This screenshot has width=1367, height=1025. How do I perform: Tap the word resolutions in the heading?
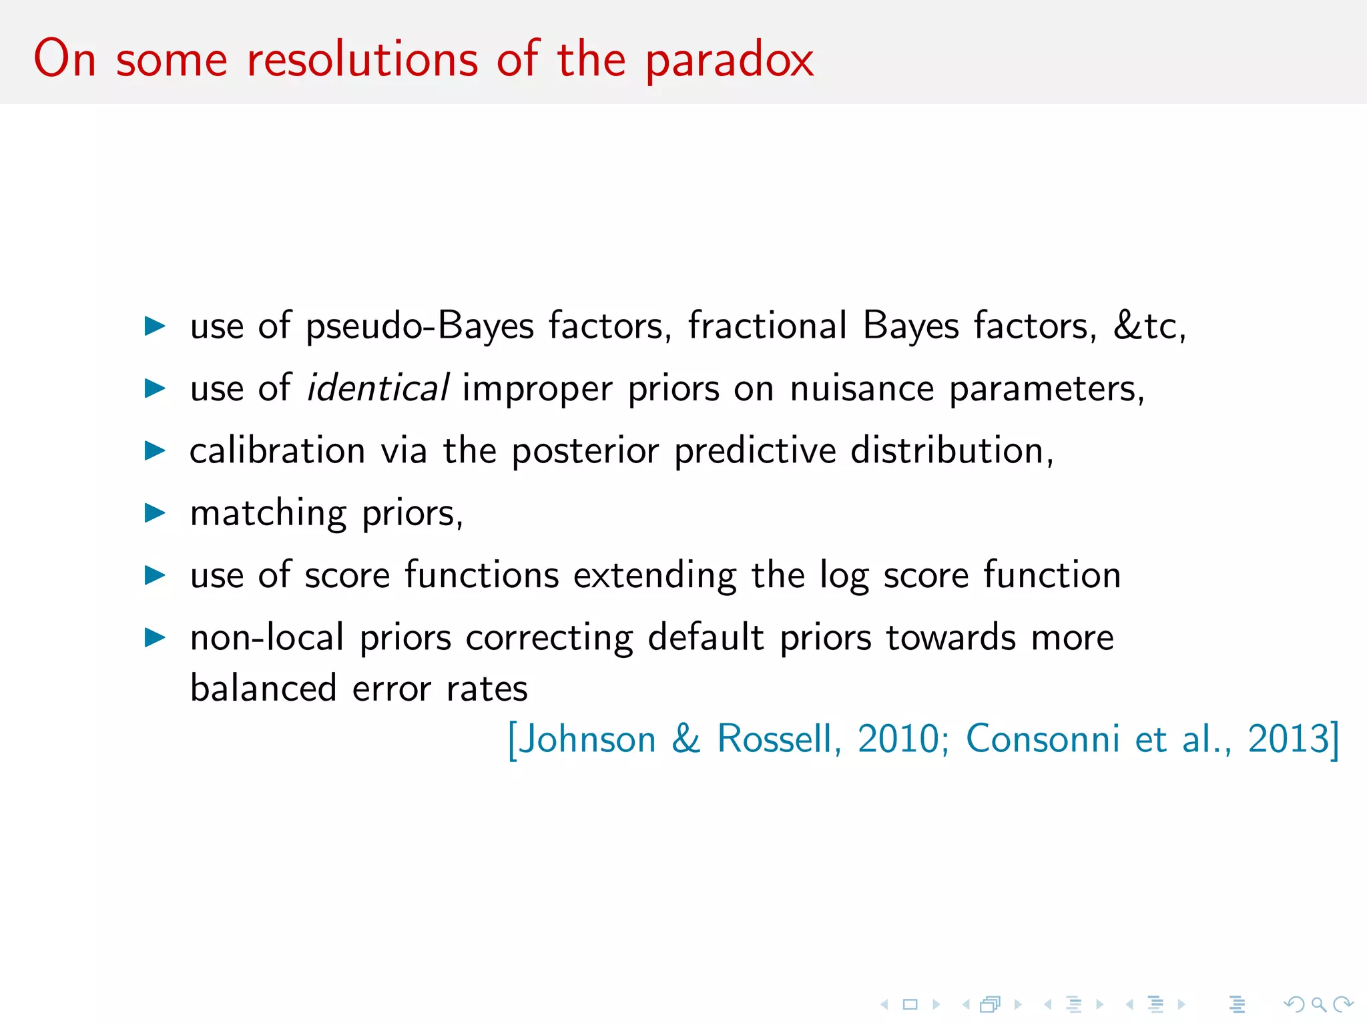tap(362, 60)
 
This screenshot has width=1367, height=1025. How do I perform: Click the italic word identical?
tap(377, 388)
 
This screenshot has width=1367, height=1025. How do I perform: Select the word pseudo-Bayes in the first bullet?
tap(420, 326)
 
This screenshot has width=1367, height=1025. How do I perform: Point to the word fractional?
tap(768, 326)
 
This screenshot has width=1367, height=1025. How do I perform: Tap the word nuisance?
tap(862, 388)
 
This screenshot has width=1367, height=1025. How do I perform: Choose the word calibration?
tap(277, 450)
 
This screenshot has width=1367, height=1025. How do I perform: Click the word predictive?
tap(755, 451)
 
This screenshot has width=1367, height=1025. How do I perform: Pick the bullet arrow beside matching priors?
tap(155, 512)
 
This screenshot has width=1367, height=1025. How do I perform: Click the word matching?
tap(268, 514)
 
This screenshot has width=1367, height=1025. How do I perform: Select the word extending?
tap(655, 575)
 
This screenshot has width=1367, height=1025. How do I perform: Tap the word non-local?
tap(267, 637)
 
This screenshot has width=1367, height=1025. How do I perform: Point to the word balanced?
tap(263, 688)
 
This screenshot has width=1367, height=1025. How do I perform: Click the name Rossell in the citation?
tap(774, 739)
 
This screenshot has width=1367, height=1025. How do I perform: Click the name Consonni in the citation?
tap(1043, 739)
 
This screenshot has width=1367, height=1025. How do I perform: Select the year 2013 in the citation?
tap(1288, 739)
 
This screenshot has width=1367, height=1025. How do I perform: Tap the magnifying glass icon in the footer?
tap(1318, 1004)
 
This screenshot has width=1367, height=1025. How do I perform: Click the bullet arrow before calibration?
tap(155, 450)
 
